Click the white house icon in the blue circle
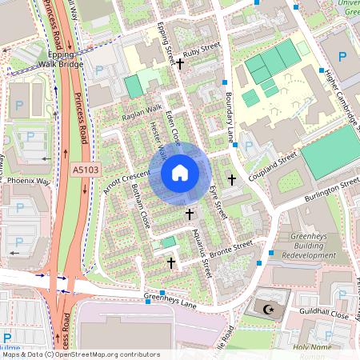[x=180, y=172]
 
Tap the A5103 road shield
[x=85, y=170]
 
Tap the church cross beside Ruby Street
[x=181, y=63]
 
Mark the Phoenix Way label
[x=29, y=181]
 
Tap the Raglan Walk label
[x=142, y=113]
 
